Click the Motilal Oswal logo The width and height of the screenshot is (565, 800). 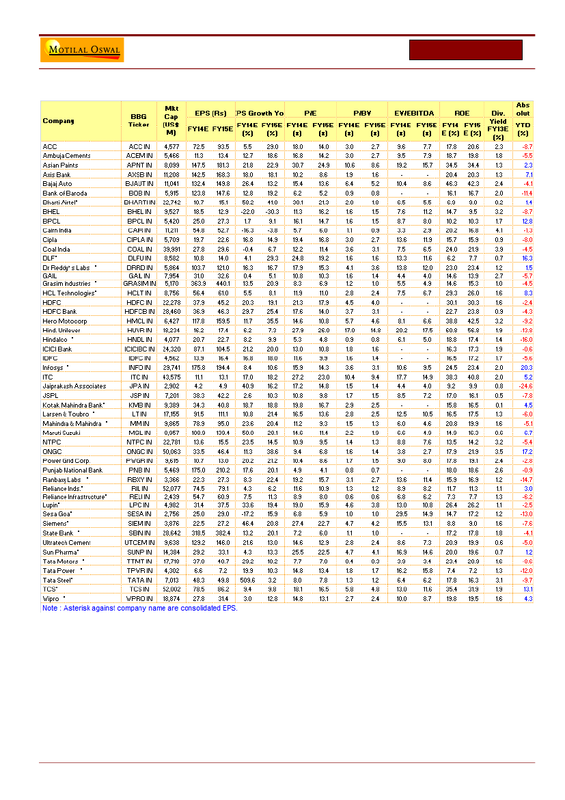coord(83,50)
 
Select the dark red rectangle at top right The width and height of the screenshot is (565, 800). coord(465,51)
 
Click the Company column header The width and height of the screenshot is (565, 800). coord(59,121)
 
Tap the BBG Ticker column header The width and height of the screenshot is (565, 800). coord(139,121)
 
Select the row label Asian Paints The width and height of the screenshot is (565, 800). coord(59,165)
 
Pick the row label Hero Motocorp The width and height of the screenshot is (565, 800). coord(64,321)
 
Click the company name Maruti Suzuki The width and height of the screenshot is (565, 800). coord(62,433)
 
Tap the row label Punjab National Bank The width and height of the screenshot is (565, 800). coord(72,470)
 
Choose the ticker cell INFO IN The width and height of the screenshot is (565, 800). coord(139,368)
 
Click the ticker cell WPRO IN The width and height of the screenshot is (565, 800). coord(139,598)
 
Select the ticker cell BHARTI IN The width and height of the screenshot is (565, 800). coord(139,203)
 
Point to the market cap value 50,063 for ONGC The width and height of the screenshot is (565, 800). coord(170,452)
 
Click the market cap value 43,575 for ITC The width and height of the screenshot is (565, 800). coord(170,377)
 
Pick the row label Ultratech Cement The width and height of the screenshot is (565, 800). coord(66,542)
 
